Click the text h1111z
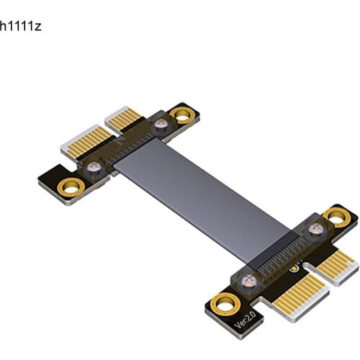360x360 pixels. [21, 26]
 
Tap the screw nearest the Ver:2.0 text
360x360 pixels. [249, 281]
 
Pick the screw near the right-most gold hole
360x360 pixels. [316, 228]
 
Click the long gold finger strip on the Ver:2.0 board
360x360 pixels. [300, 297]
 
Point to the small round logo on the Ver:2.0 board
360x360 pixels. [294, 268]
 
